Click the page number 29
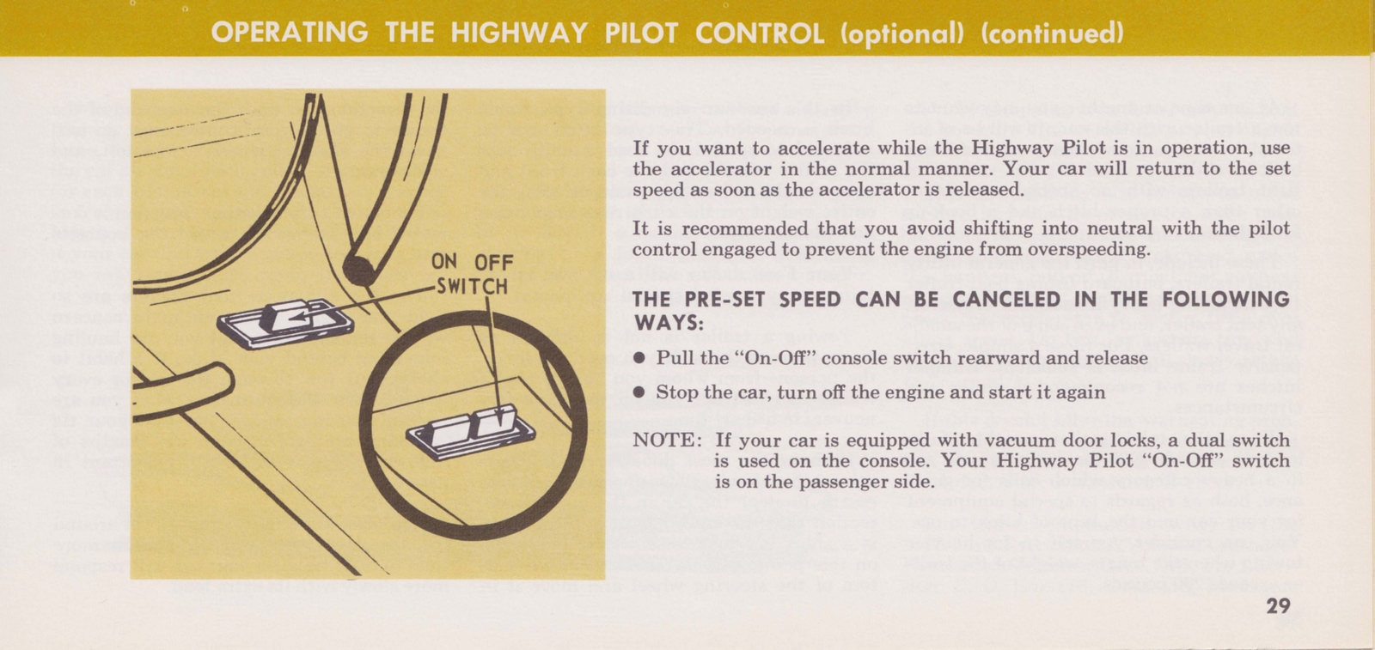[1278, 605]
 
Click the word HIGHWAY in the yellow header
[519, 33]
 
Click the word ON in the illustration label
[444, 262]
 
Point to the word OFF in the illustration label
[493, 263]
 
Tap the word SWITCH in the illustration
[472, 285]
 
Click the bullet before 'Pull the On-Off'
[639, 358]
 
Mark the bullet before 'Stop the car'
[639, 392]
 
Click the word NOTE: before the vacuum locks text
[667, 440]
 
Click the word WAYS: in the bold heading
[668, 323]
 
